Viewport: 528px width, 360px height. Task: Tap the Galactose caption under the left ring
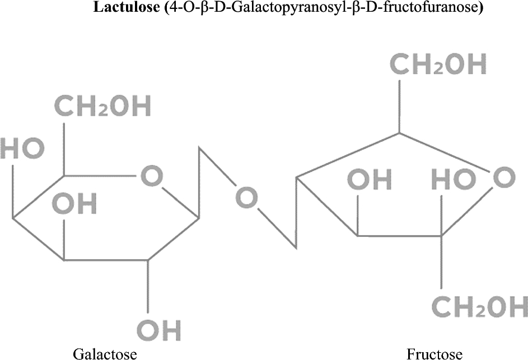coord(105,353)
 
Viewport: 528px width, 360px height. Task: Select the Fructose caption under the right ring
coord(434,353)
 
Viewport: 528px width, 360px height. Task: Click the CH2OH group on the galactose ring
coord(102,107)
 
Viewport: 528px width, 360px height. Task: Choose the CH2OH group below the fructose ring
coord(479,307)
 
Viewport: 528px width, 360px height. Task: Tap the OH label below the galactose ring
coord(159,330)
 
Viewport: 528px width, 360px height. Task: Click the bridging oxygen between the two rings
coord(247,199)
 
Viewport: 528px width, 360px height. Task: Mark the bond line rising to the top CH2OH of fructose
coord(399,106)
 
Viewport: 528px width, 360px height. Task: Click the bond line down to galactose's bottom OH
coord(148,286)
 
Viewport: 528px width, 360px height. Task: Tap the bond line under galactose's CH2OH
coord(63,148)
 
